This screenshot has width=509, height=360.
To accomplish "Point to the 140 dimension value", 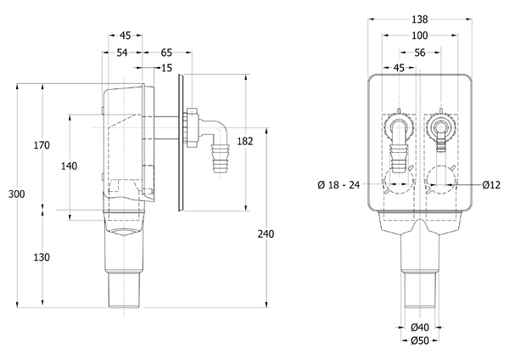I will pos(70,166).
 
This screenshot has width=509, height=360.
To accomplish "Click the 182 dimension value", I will pos(246,142).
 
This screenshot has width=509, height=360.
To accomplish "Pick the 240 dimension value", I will pos(268,233).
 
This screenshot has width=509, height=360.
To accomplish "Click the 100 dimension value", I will pos(419,36).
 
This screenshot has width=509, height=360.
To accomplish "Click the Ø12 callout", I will pos(493,184).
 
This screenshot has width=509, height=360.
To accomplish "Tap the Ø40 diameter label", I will pos(419,328).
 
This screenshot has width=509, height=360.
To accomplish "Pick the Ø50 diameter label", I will pos(419,341).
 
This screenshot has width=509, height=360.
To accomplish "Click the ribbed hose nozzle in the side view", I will pos(222,156).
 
